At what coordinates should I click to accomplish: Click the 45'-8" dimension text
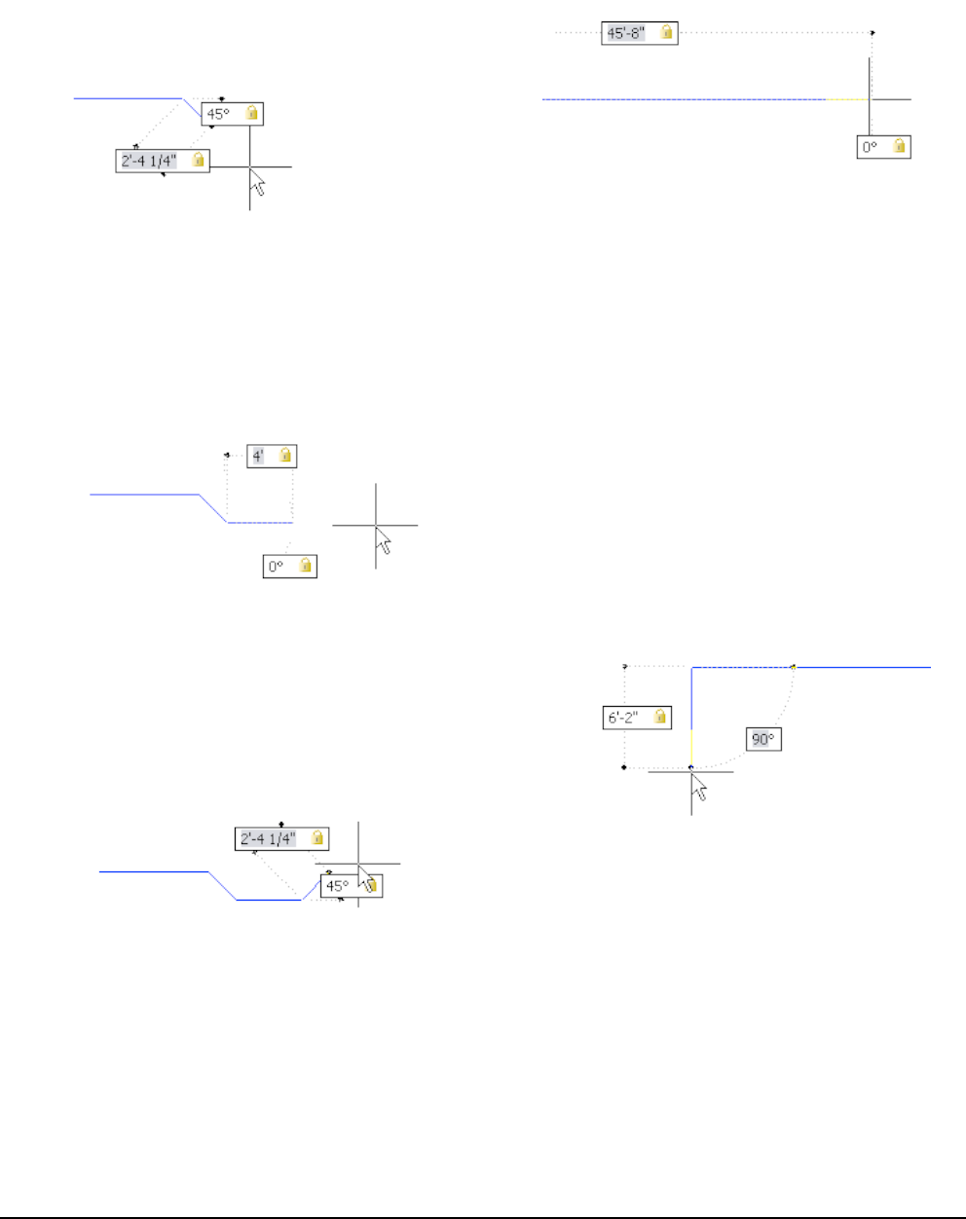point(625,33)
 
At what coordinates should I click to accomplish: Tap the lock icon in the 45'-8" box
point(666,33)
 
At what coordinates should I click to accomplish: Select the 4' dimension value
point(258,456)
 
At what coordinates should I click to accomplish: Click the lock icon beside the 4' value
point(285,456)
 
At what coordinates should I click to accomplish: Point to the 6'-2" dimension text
point(623,718)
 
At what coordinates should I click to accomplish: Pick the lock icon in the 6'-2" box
point(660,718)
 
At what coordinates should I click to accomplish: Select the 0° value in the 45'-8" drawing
point(870,147)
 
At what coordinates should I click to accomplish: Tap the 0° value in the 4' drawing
point(276,567)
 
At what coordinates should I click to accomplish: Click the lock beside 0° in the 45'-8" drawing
point(899,147)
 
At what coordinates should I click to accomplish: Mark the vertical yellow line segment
point(691,747)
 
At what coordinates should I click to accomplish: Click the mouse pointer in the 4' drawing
point(384,541)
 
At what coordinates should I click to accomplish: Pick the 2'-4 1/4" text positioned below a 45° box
point(149,161)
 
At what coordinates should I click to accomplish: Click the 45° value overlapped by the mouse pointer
point(337,886)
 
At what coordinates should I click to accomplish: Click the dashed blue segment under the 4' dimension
point(260,523)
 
